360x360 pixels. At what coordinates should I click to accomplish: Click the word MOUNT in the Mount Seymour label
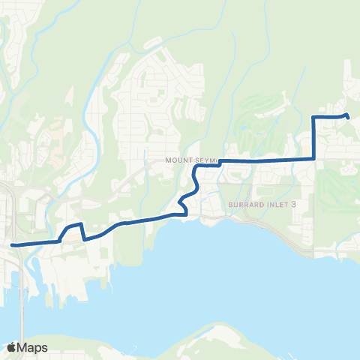pos(181,160)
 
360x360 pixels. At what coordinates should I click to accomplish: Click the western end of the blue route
pos(13,244)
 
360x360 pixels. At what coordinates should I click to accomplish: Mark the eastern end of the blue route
pos(348,115)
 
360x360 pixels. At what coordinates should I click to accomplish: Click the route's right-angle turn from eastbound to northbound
pos(313,159)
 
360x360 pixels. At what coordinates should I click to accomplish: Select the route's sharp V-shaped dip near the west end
pos(83,239)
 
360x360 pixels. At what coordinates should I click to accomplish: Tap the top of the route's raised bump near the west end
pos(72,226)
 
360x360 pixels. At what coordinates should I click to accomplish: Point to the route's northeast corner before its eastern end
pos(313,117)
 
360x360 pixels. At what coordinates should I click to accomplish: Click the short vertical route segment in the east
pos(313,139)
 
